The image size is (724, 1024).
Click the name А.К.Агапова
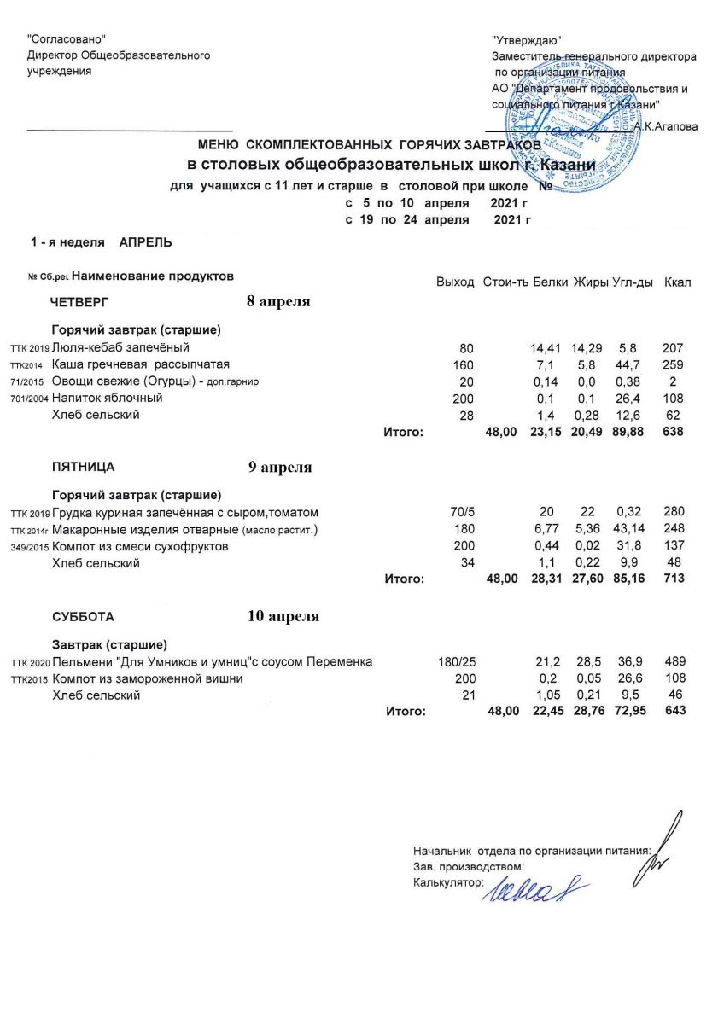(x=665, y=126)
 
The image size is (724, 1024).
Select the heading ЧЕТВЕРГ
(x=79, y=302)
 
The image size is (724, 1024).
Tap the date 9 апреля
(x=279, y=467)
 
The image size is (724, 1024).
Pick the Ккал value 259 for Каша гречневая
(x=674, y=364)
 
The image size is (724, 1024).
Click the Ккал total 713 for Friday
(x=674, y=579)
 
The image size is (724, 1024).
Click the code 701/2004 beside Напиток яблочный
(x=26, y=399)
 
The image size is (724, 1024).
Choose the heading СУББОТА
(x=82, y=616)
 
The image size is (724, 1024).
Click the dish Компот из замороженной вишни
(x=148, y=678)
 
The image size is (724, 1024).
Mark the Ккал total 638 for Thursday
(x=674, y=432)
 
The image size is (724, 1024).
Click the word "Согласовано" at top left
(x=67, y=39)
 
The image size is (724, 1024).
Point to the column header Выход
(x=455, y=282)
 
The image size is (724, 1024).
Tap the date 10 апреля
(x=283, y=616)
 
